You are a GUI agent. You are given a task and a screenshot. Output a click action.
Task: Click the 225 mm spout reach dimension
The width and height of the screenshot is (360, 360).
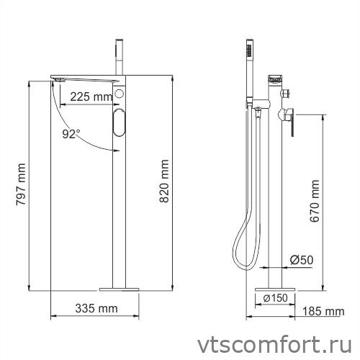point(91,96)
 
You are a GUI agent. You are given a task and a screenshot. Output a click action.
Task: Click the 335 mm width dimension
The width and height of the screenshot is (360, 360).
point(96,309)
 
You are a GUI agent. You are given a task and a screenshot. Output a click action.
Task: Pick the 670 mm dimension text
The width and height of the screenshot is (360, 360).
point(314,204)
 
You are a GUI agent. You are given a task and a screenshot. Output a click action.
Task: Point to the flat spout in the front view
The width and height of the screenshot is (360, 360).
point(83,76)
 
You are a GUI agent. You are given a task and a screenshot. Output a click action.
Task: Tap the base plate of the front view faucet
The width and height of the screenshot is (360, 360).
point(118,289)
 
